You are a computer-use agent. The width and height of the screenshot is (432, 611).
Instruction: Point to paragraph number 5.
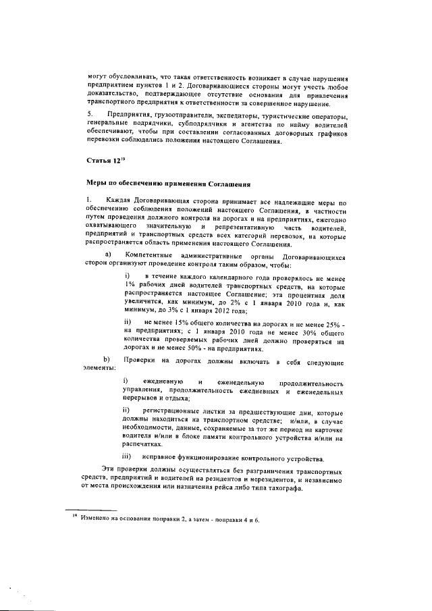point(89,114)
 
